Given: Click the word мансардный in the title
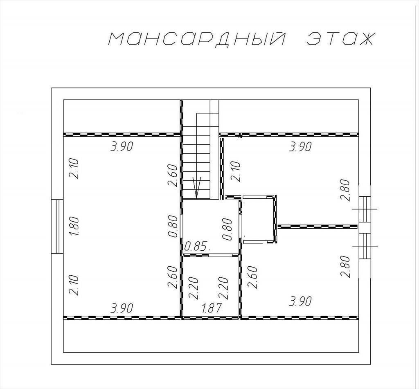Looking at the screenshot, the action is tap(196, 39).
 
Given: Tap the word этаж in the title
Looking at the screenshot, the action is tap(340, 39).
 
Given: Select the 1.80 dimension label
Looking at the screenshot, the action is tap(74, 226).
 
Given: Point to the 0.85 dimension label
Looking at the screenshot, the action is tap(196, 246).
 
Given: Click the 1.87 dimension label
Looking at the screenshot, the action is tap(212, 308).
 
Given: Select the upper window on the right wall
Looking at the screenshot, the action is tap(365, 209).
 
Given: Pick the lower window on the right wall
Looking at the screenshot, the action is tap(365, 246).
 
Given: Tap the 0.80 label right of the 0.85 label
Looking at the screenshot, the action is tap(227, 229).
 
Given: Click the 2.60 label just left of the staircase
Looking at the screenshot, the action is tap(173, 175).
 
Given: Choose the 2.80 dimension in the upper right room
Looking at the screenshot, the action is tap(345, 190).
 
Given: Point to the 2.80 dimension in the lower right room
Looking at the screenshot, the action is tap(345, 266).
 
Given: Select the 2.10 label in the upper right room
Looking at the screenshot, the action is tap(236, 171).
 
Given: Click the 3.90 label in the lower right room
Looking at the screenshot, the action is tap(300, 301).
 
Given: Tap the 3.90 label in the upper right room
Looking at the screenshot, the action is tap(300, 147).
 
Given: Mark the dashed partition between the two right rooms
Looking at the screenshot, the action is tap(318, 227).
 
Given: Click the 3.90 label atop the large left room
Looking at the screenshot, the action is tap(122, 147).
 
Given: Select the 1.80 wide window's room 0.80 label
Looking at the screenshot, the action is tap(173, 226).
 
